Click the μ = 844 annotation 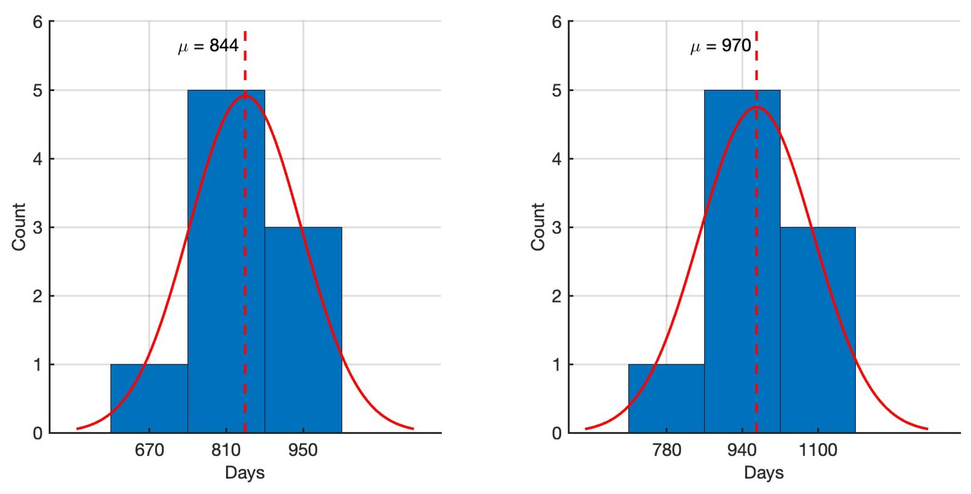tap(208, 46)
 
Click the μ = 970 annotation tap(720, 46)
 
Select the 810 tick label tap(226, 450)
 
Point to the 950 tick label tap(303, 450)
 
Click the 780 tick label tap(666, 450)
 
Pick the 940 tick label tap(742, 450)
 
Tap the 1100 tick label tap(818, 450)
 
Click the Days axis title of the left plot tap(245, 473)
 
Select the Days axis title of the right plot tap(764, 473)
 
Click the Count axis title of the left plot tap(19, 227)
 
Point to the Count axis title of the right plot tap(538, 227)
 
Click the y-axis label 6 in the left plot tap(38, 22)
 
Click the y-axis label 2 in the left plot tap(38, 296)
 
